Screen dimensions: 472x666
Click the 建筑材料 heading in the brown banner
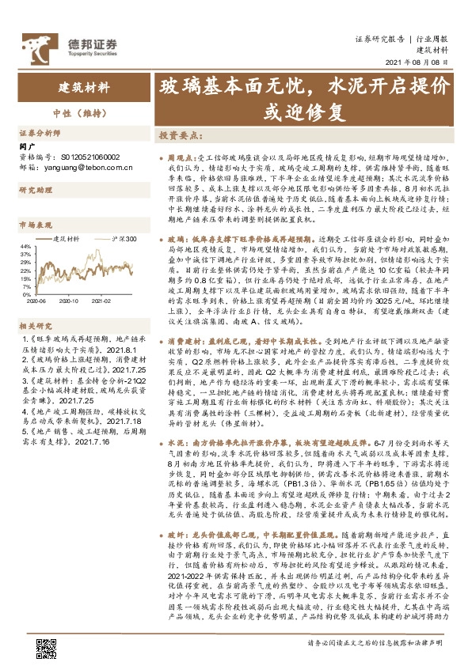pyautogui.click(x=83, y=87)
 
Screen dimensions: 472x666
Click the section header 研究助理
pyautogui.click(x=33, y=191)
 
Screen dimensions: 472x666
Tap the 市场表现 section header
pyautogui.click(x=33, y=225)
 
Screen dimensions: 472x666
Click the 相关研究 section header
pyautogui.click(x=33, y=325)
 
